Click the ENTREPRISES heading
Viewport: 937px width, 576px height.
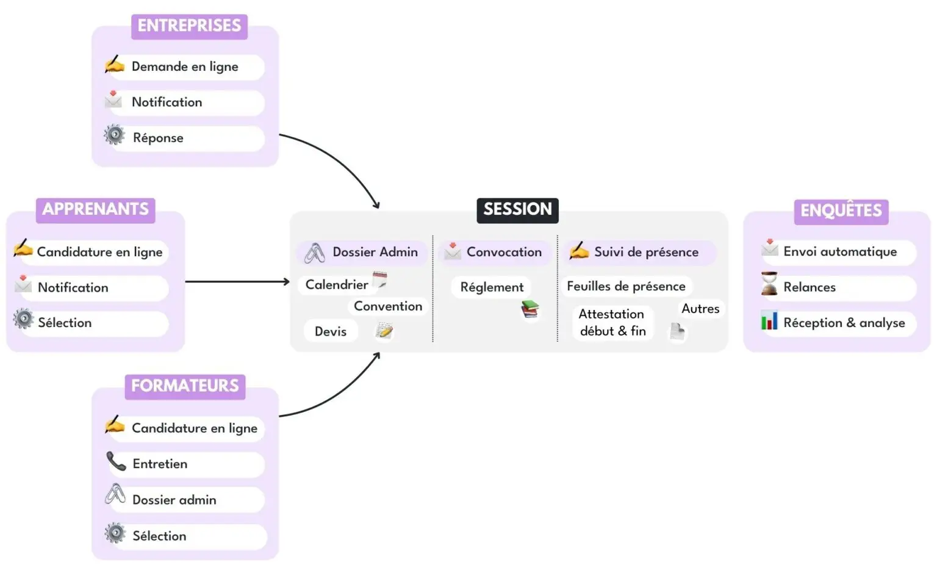189,26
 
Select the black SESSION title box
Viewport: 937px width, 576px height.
517,209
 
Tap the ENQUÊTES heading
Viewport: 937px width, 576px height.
841,211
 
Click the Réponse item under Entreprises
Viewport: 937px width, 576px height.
158,138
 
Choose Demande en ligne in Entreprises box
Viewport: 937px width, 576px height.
185,67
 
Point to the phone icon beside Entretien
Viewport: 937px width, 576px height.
115,461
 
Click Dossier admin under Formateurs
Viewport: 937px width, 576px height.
174,500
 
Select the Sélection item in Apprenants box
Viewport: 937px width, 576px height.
65,323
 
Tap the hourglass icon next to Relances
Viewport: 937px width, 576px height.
769,284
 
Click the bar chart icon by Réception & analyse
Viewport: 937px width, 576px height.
769,320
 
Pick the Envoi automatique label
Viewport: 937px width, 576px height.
840,251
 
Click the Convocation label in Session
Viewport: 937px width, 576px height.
504,252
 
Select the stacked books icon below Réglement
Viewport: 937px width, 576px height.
530,310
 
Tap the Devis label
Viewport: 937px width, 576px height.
330,331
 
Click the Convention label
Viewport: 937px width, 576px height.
388,306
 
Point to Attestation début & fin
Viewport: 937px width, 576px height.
612,322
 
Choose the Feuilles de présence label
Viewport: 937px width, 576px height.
626,286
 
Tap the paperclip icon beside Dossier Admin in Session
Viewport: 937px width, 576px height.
315,253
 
